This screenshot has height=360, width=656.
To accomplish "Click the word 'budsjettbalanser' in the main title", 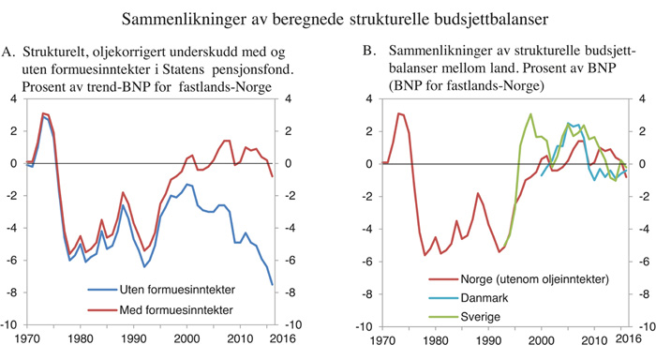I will point(468,17).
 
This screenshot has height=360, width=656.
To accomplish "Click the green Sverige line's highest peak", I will point(531,114).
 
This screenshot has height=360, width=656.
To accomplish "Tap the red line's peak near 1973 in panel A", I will point(43,113).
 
